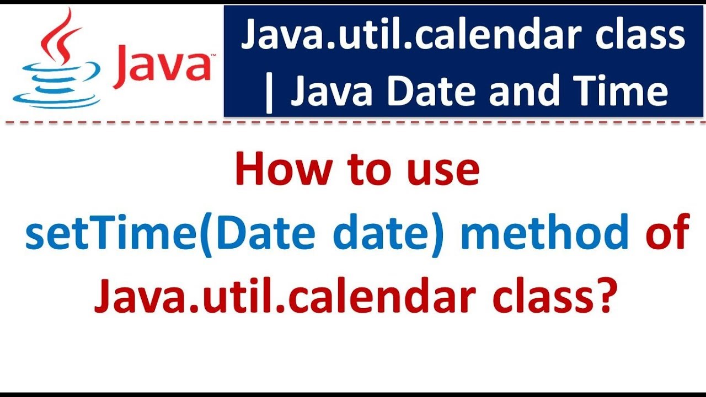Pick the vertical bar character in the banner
[x=269, y=93]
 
